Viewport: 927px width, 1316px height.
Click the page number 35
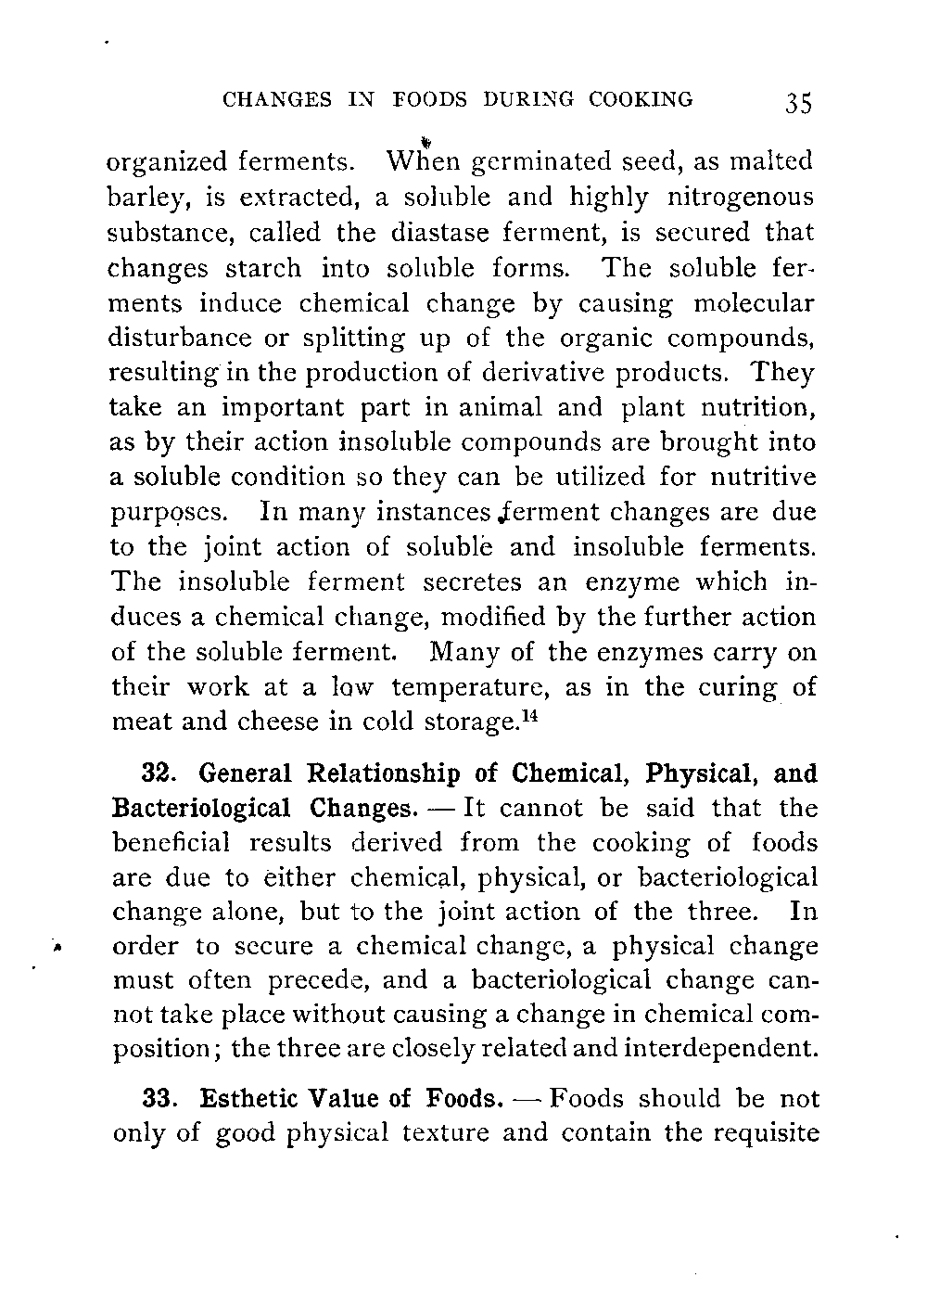click(x=795, y=101)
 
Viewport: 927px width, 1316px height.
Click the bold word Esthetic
click(x=252, y=1099)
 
